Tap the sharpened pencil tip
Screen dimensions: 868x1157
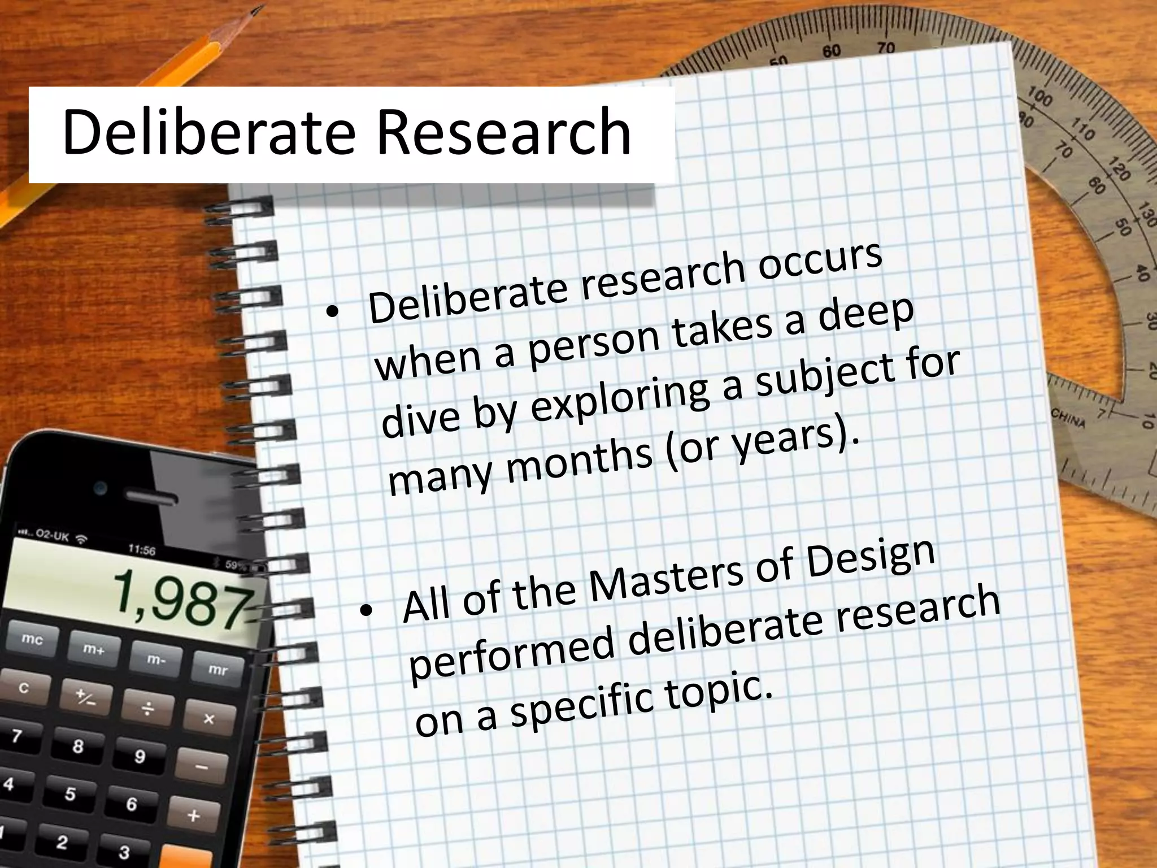(255, 10)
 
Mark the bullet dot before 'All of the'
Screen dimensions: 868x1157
(367, 610)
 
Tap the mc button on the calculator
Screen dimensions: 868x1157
(32, 639)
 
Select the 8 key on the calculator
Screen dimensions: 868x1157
(78, 747)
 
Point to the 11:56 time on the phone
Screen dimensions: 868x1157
(141, 549)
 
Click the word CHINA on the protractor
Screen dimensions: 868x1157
(1068, 419)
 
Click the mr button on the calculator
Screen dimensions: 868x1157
(218, 669)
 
